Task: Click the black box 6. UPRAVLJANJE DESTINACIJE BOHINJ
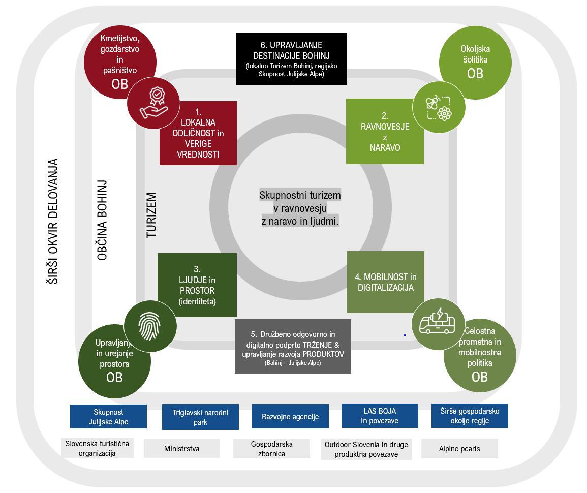click(291, 58)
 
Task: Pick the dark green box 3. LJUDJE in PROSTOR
click(197, 285)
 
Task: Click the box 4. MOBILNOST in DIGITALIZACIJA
click(385, 282)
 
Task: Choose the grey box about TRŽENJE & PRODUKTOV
click(293, 346)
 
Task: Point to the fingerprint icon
click(151, 325)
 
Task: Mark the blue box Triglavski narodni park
click(200, 417)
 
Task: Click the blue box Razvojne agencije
click(290, 417)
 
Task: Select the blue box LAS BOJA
click(379, 416)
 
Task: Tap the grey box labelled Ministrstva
click(181, 449)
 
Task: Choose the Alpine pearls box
click(459, 449)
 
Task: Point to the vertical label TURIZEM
click(151, 215)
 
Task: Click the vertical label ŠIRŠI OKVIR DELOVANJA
click(53, 221)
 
